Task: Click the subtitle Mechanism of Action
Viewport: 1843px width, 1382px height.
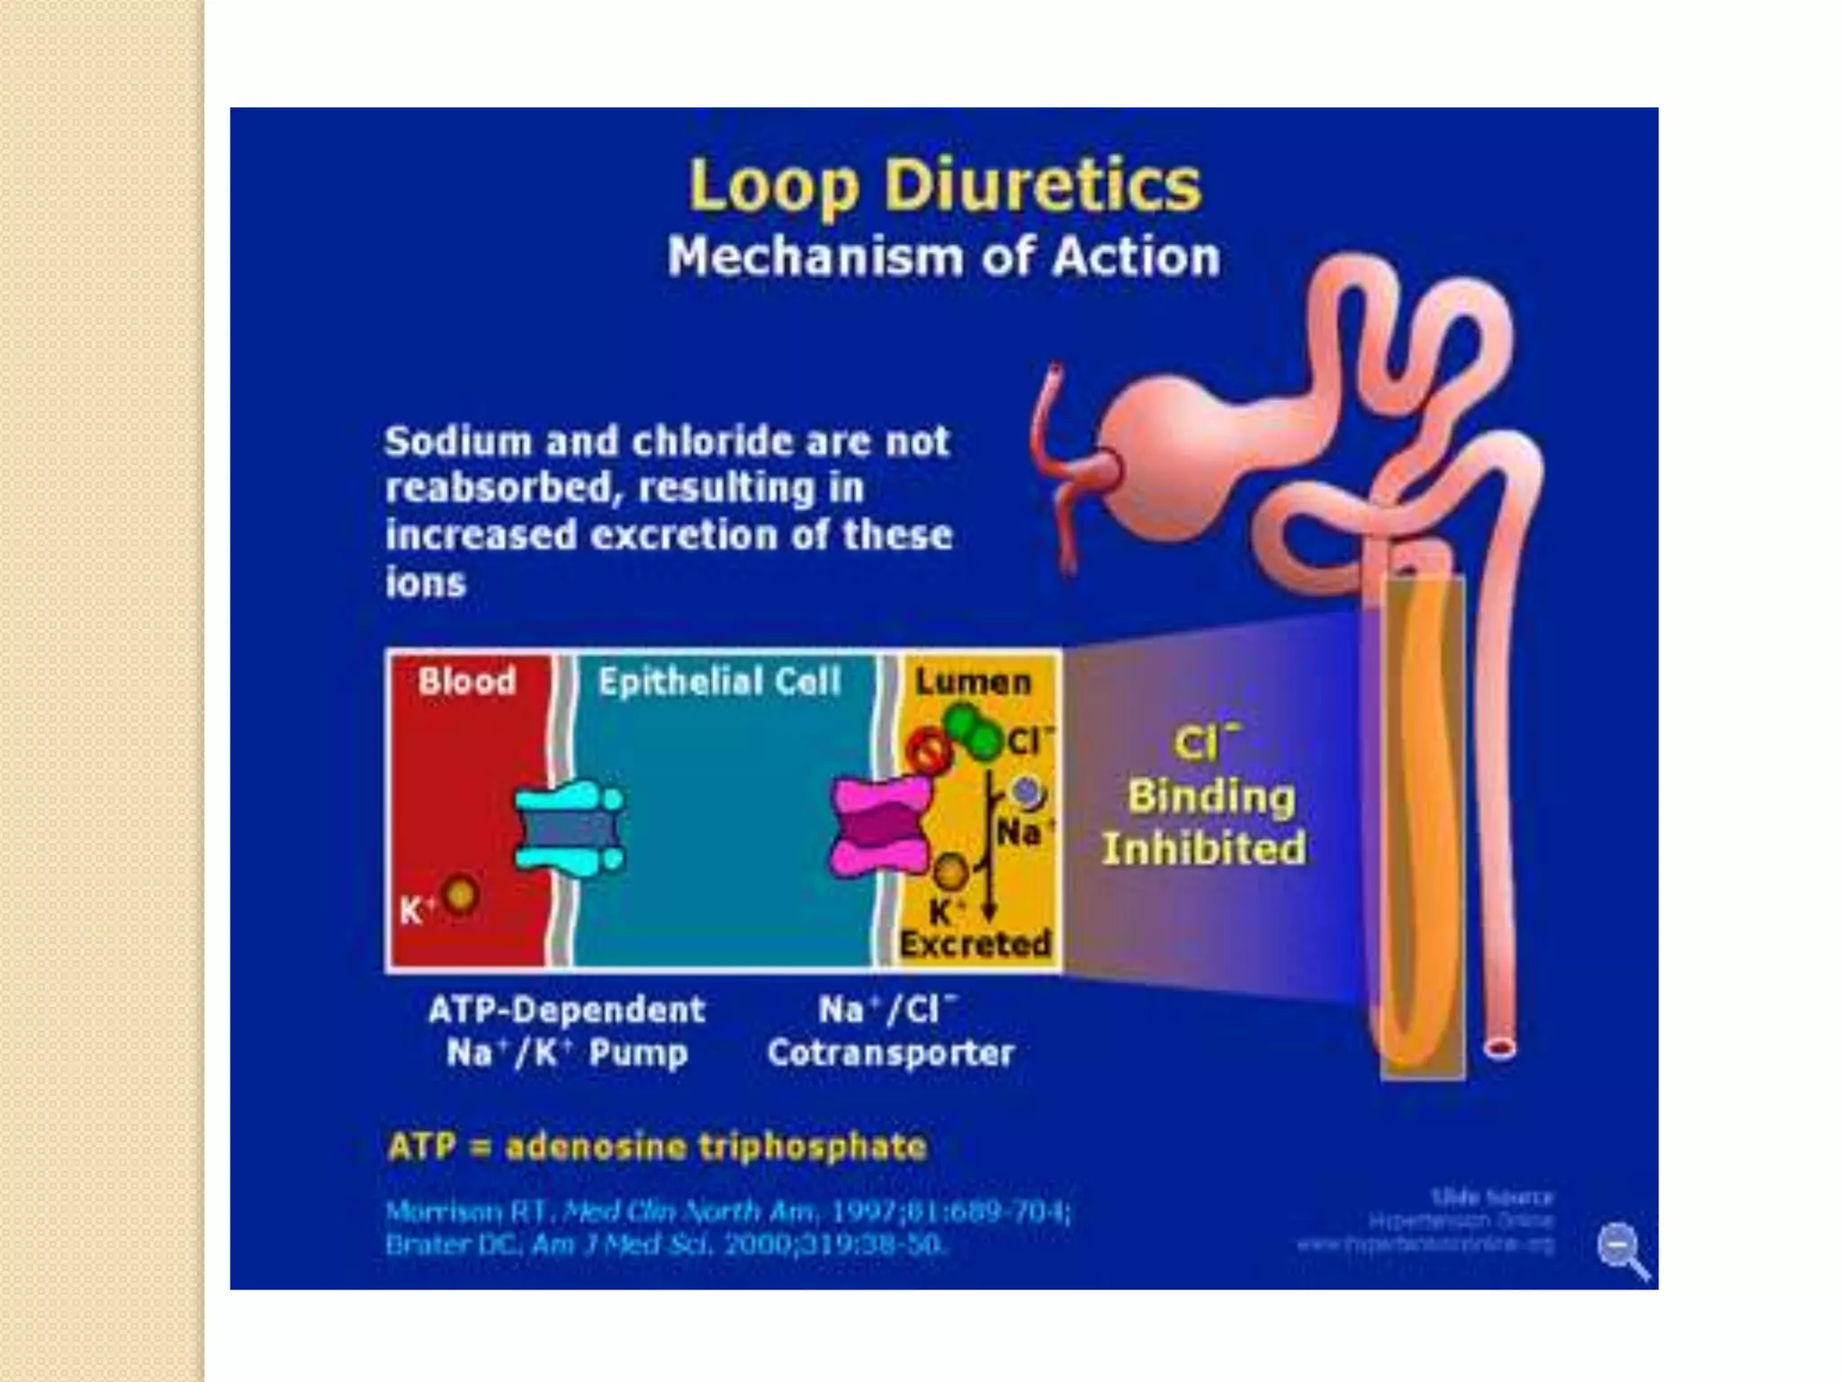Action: click(x=943, y=257)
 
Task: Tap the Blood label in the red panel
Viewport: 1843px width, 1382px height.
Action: click(x=467, y=681)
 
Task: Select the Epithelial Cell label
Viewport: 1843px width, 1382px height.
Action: click(x=720, y=681)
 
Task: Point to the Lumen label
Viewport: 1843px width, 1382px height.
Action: click(x=973, y=682)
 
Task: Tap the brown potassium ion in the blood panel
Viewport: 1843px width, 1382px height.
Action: click(x=461, y=894)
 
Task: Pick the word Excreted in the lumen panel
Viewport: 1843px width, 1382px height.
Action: click(x=975, y=944)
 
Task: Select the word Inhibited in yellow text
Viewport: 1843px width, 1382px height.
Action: click(x=1204, y=848)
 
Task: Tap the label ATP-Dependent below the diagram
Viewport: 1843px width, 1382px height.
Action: click(x=566, y=1010)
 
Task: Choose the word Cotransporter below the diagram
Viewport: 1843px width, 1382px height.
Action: click(x=890, y=1053)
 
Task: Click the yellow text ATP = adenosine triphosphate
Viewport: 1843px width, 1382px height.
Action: click(x=657, y=1147)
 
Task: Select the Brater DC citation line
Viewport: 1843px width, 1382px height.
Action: click(x=666, y=1245)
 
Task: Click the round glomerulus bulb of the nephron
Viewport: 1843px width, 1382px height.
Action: click(x=1170, y=459)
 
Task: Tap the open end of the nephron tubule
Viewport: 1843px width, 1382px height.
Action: click(x=1499, y=1047)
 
